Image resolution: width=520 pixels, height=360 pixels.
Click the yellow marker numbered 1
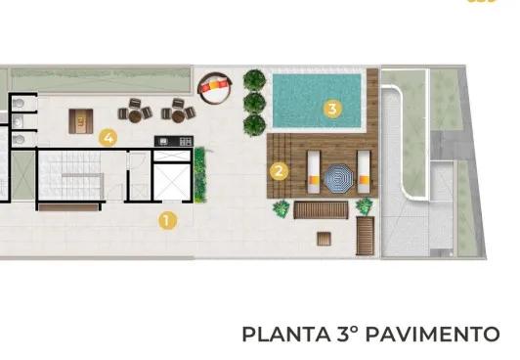(167, 220)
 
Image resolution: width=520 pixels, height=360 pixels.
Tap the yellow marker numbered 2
(279, 170)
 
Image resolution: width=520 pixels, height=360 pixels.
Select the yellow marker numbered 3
(332, 109)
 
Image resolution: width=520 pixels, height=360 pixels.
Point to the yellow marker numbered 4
(108, 138)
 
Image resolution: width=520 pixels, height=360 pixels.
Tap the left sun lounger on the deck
(313, 169)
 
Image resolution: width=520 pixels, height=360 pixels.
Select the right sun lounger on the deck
(364, 170)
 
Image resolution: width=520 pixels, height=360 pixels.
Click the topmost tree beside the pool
(254, 79)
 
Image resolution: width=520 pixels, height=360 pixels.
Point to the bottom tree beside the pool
(254, 124)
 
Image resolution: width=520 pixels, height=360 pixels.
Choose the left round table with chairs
(135, 111)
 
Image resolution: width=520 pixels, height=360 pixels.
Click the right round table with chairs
(177, 111)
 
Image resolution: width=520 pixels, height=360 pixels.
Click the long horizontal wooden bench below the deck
(315, 208)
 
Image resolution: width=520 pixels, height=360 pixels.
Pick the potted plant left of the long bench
(282, 207)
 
